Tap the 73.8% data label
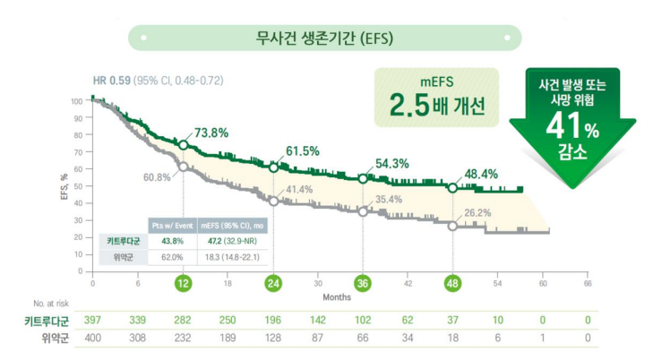(x=211, y=133)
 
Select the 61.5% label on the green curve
(x=303, y=150)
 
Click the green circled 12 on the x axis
(x=183, y=284)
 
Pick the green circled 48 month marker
(x=452, y=284)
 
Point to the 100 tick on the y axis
(x=76, y=100)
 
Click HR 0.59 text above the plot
(x=111, y=81)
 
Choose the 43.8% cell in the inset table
(x=171, y=241)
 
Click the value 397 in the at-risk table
(x=93, y=320)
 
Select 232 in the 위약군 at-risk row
(x=183, y=339)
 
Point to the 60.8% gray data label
(x=156, y=176)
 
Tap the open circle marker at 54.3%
(x=363, y=179)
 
